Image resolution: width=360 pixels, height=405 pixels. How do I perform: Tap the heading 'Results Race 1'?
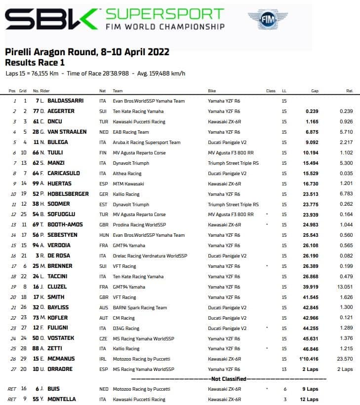click(35, 63)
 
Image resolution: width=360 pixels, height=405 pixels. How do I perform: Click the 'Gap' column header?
click(315, 91)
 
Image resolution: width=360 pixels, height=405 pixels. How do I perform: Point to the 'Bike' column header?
click(212, 91)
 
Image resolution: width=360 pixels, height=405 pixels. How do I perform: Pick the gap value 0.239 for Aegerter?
click(311, 111)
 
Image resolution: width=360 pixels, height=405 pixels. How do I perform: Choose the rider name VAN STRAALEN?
click(68, 132)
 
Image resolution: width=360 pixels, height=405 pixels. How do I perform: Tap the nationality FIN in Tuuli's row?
click(102, 152)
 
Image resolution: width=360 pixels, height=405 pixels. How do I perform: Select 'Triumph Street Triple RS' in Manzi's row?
click(233, 163)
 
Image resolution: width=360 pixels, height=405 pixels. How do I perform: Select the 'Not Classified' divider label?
click(229, 378)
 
